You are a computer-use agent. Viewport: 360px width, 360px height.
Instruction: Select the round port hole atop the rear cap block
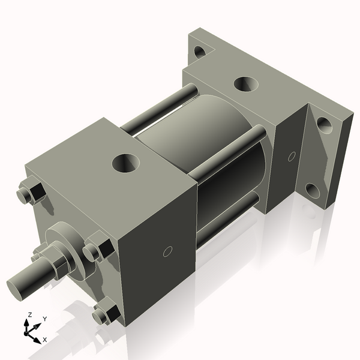click(244, 83)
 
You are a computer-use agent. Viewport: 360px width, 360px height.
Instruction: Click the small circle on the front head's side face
click(168, 251)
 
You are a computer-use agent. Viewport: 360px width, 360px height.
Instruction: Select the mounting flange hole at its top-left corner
click(200, 52)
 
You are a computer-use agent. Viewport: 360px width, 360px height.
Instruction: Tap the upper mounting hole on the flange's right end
click(324, 125)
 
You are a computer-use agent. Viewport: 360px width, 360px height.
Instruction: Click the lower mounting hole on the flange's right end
click(314, 191)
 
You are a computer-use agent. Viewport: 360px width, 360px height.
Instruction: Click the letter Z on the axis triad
click(30, 315)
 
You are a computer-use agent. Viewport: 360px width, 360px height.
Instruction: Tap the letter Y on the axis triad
click(44, 319)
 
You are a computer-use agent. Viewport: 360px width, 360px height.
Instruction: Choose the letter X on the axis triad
click(45, 340)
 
